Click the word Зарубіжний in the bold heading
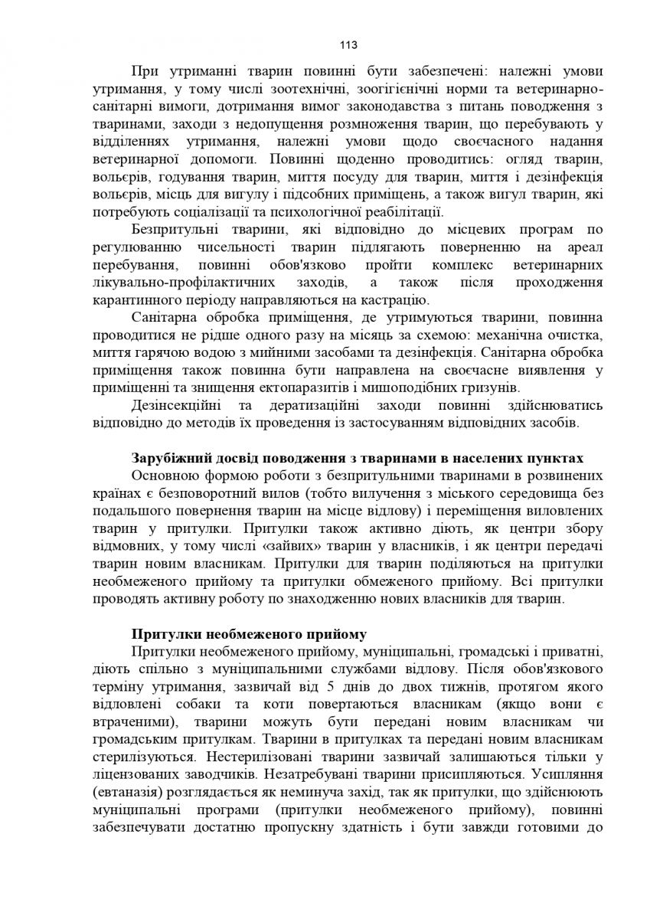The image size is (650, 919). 167,458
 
